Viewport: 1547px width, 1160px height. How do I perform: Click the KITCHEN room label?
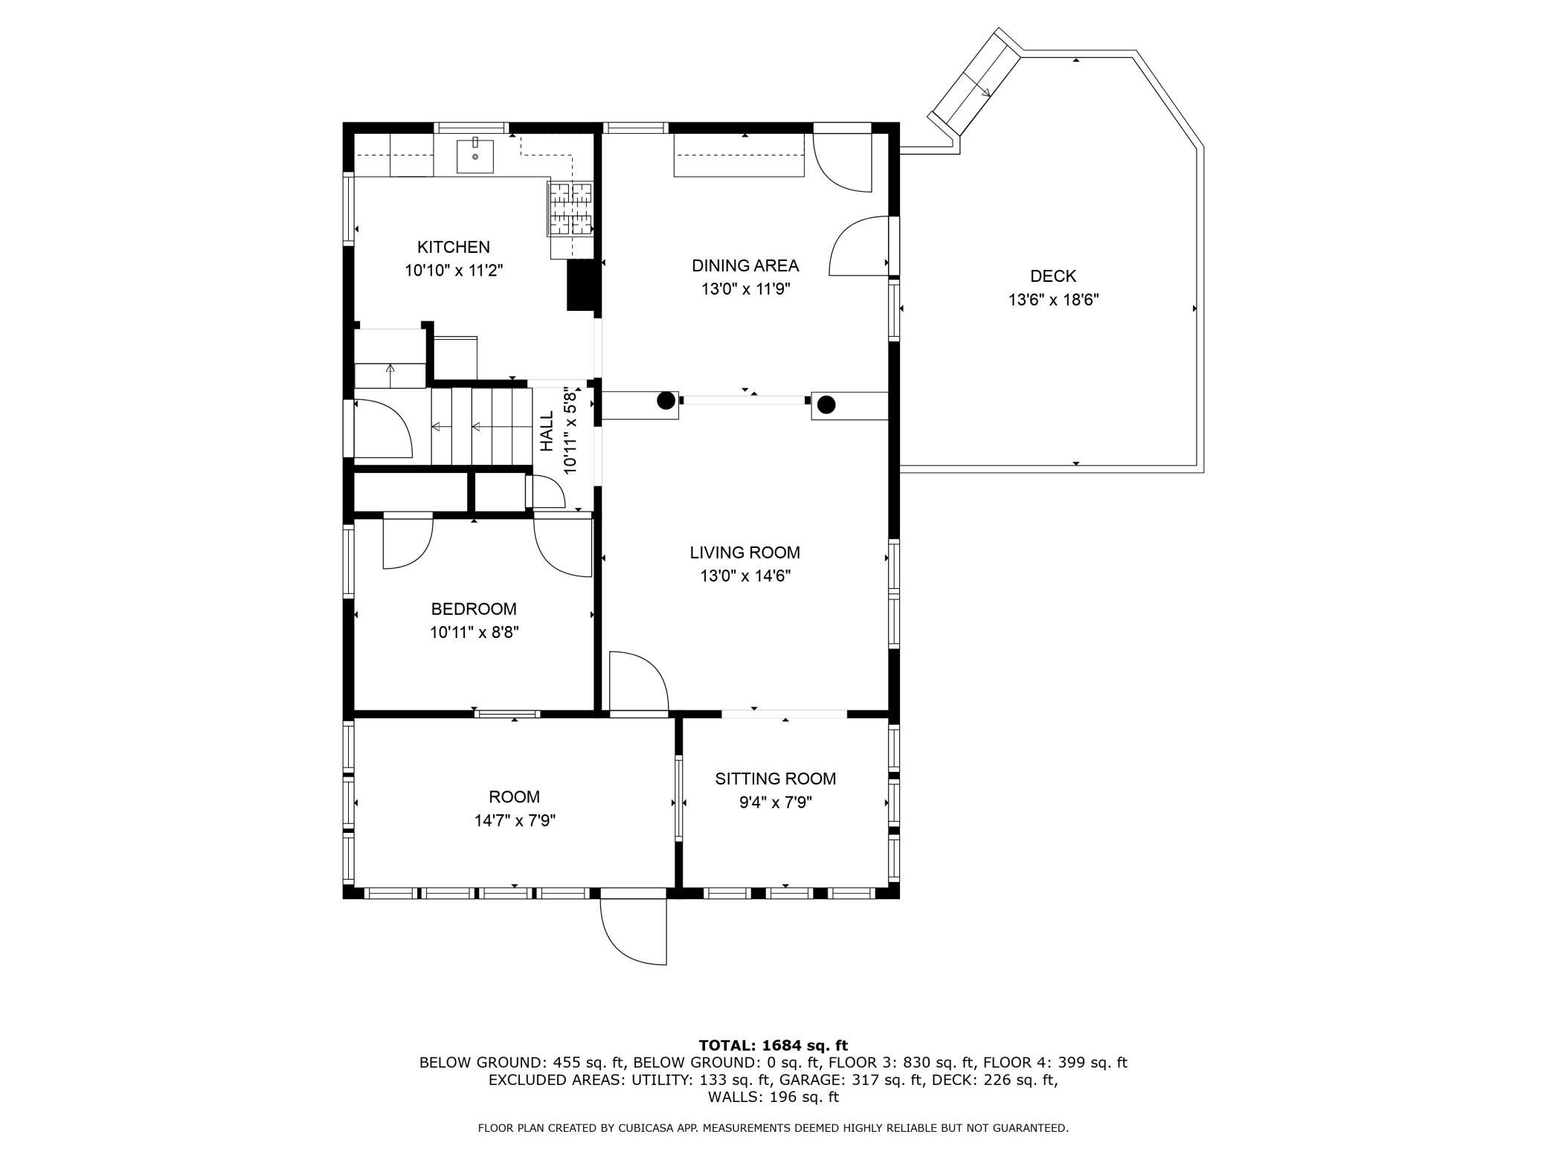453,247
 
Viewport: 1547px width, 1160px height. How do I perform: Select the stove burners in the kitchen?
570,209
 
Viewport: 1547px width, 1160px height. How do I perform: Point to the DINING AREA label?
744,265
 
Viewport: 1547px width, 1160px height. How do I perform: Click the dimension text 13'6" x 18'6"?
1053,300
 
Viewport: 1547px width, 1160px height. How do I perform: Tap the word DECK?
1053,277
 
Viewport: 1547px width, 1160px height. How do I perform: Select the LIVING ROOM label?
744,552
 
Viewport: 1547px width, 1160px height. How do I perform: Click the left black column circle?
666,401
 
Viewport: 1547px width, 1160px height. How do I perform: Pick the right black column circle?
826,405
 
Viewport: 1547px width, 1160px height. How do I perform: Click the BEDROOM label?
474,609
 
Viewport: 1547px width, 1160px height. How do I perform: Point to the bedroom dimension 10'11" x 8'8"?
474,633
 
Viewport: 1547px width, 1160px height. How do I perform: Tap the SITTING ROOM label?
775,779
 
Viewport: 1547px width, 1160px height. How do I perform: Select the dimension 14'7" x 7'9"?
515,821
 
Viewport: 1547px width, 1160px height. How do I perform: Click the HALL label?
547,431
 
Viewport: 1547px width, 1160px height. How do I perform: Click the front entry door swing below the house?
633,931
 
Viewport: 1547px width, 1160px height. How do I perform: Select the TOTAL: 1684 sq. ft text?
773,1045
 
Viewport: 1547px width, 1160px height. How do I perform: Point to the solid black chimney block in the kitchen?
582,285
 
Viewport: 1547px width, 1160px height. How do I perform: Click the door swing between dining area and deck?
859,245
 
